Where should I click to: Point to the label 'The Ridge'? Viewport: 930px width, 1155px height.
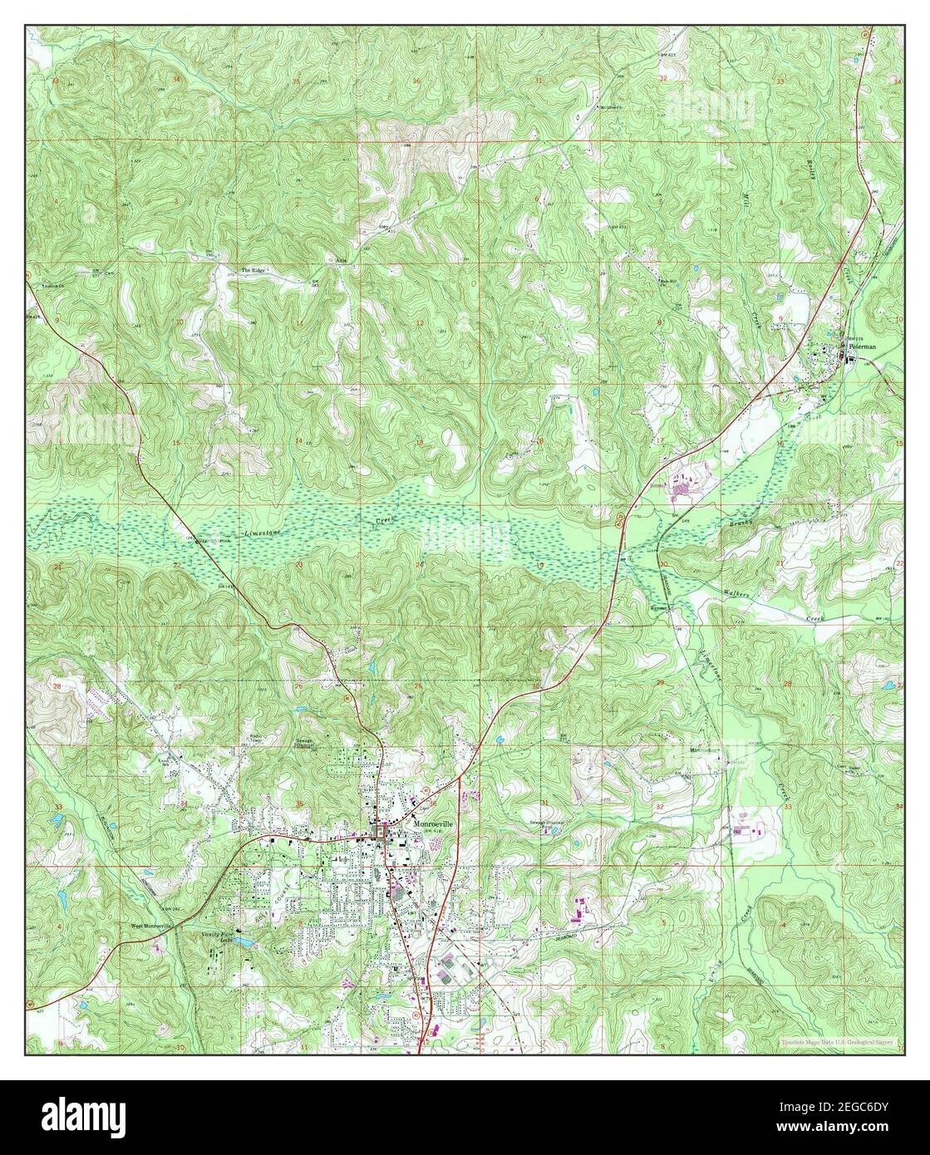[256, 271]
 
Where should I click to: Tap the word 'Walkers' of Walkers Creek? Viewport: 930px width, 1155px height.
[734, 597]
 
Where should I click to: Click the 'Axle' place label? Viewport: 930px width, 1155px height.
[340, 260]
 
